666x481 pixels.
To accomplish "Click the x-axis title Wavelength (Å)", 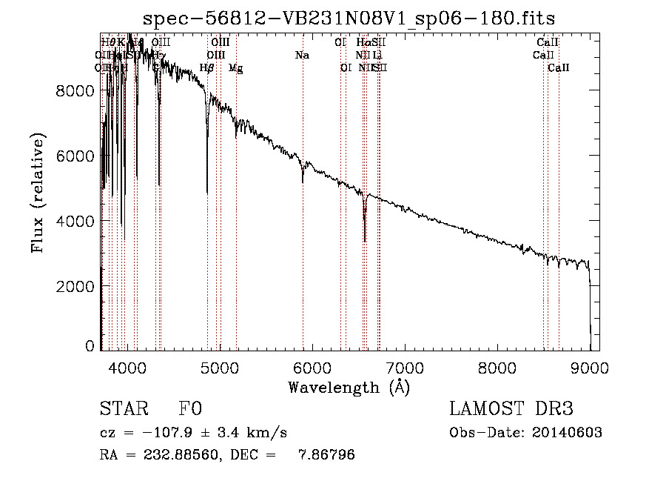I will click(x=349, y=387).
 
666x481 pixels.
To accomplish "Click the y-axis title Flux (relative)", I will click(x=37, y=193).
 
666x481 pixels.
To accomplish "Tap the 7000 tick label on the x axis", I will click(x=404, y=367).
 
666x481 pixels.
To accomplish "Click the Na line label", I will click(x=302, y=56).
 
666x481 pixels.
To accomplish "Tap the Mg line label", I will click(x=235, y=68).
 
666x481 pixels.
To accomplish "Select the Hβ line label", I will click(x=207, y=68).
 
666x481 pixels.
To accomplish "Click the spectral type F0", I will click(x=190, y=410).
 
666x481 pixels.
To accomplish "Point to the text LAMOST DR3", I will click(x=511, y=410).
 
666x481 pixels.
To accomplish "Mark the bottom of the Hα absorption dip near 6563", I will click(x=365, y=240).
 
